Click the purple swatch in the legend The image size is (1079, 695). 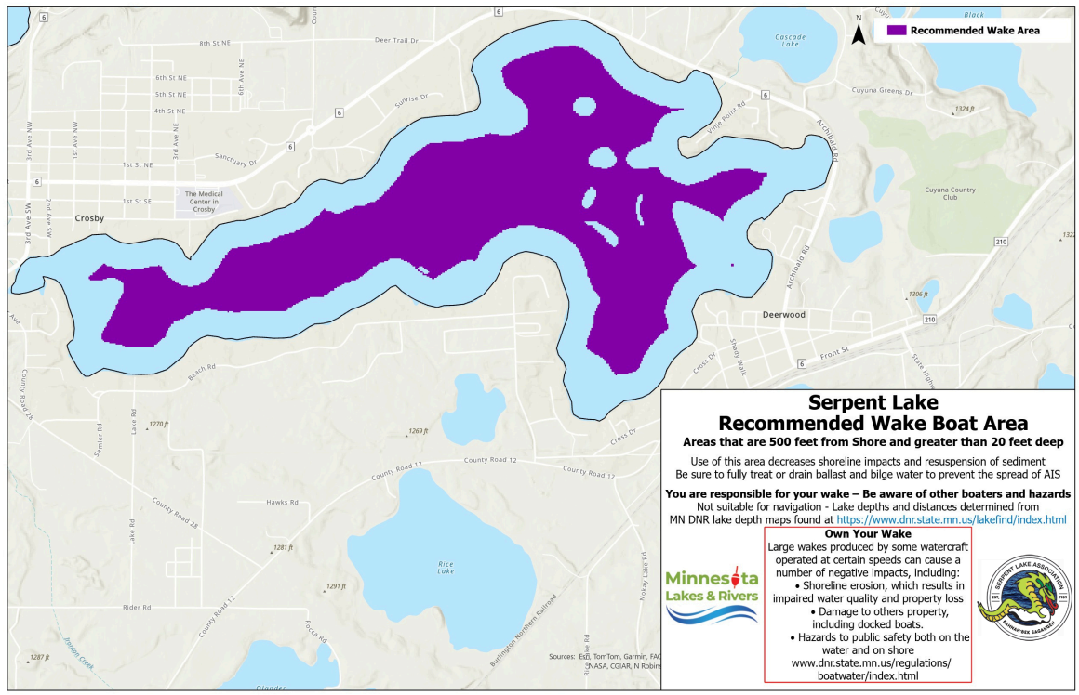[x=895, y=30]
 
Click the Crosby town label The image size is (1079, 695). [x=89, y=218]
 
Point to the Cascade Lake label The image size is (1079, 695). [x=789, y=40]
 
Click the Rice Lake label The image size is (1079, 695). [x=446, y=568]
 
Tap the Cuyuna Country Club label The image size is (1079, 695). [x=950, y=193]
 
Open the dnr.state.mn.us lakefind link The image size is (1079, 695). [x=952, y=519]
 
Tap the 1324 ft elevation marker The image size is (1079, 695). [x=964, y=110]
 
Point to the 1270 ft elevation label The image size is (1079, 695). [x=158, y=424]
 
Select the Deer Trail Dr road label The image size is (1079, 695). [x=396, y=41]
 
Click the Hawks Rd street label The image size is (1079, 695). [x=281, y=502]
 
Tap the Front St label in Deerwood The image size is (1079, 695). [x=834, y=351]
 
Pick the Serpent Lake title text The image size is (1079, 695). [x=873, y=403]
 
